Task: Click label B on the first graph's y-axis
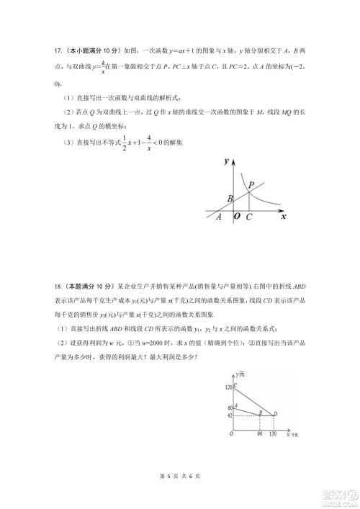[229, 198]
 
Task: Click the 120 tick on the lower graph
[230, 388]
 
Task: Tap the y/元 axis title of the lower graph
[240, 376]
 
